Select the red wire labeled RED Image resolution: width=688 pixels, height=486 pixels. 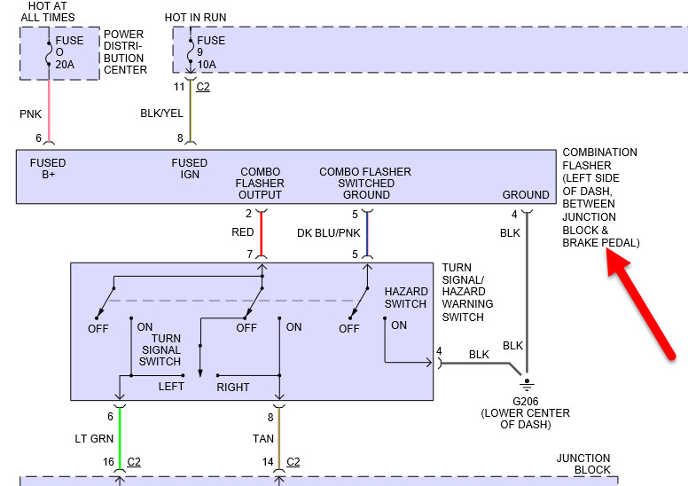pyautogui.click(x=262, y=233)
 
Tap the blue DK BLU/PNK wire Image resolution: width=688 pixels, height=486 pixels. pyautogui.click(x=367, y=233)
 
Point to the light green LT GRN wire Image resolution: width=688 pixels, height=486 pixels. pyautogui.click(x=119, y=435)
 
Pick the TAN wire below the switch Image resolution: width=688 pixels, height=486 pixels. pyautogui.click(x=279, y=435)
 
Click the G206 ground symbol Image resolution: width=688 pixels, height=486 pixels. pyautogui.click(x=526, y=385)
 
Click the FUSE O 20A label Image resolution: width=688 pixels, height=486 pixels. pyautogui.click(x=69, y=52)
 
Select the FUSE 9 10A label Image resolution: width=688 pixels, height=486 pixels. pyautogui.click(x=211, y=52)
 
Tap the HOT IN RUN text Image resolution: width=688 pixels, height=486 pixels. pyautogui.click(x=195, y=18)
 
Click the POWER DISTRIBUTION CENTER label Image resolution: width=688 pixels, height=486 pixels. pyautogui.click(x=125, y=52)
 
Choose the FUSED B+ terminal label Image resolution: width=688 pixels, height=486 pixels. pyautogui.click(x=48, y=169)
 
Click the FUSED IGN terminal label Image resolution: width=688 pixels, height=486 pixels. pyautogui.click(x=190, y=169)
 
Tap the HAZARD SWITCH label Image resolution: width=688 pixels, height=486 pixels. pyautogui.click(x=405, y=298)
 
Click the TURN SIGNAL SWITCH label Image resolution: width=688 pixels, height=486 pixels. pyautogui.click(x=160, y=349)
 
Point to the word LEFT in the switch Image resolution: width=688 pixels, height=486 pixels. pyautogui.click(x=171, y=387)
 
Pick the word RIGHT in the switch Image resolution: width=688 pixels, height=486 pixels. pyautogui.click(x=233, y=388)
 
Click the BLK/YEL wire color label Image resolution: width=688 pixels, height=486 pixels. pyautogui.click(x=161, y=114)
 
